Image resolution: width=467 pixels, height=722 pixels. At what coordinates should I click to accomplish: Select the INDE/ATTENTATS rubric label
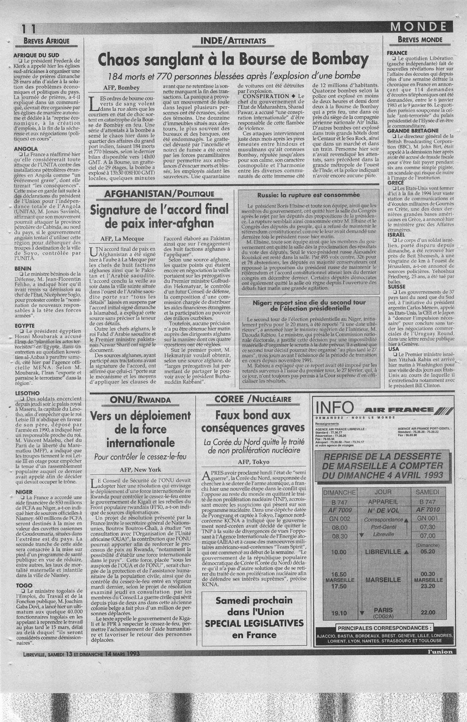pos(233,41)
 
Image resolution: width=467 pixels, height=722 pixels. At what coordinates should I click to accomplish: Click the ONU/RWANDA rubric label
pos(136,399)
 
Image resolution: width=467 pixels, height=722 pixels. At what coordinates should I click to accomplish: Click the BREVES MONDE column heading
pos(417,40)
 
